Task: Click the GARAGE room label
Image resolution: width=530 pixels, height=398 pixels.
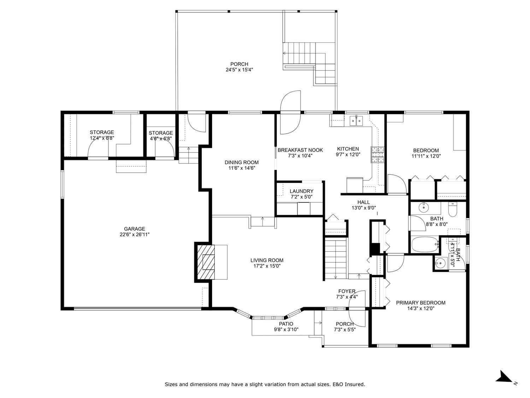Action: click(134, 229)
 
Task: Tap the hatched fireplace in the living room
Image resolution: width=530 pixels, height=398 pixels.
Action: click(206, 262)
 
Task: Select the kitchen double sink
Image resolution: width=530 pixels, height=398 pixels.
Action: click(356, 121)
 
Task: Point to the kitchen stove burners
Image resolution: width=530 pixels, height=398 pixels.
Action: click(377, 154)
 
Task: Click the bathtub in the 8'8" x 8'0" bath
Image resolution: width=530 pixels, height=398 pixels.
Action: click(425, 245)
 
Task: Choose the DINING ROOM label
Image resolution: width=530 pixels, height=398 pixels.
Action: click(241, 162)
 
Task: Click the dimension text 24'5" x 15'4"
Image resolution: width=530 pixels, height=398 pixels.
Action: click(239, 70)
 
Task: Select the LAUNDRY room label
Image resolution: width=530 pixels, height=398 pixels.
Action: click(301, 191)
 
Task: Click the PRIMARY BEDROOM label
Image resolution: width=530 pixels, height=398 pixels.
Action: click(420, 302)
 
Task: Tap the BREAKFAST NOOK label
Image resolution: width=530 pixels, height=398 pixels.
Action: click(300, 150)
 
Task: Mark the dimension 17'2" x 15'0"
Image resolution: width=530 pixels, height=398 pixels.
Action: click(267, 266)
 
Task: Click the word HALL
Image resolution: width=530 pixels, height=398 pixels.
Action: click(363, 202)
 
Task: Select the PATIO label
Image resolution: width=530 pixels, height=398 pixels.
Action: click(286, 324)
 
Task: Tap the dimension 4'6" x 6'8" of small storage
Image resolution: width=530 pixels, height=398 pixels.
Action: click(160, 139)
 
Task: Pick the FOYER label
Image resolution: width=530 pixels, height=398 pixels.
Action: click(347, 291)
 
